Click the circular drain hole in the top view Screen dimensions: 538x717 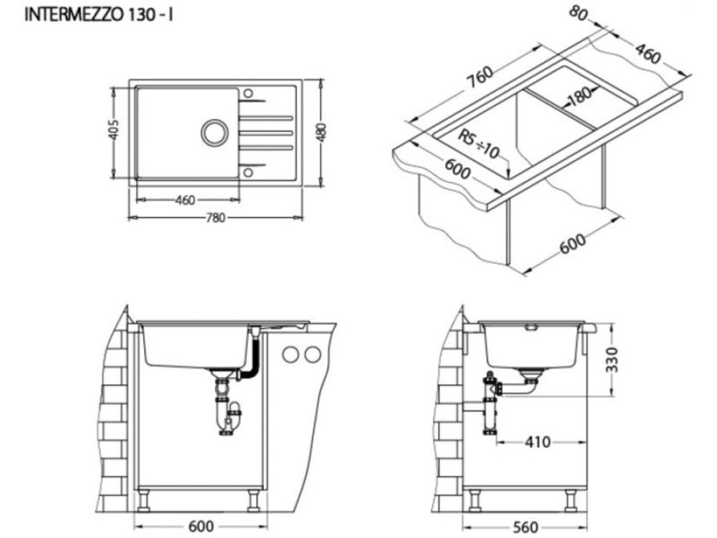tap(213, 133)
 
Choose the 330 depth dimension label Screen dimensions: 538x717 tap(612, 359)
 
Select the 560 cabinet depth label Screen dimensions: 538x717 tap(523, 527)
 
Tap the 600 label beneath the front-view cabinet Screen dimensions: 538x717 tap(201, 527)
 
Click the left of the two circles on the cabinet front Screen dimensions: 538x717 tap(291, 354)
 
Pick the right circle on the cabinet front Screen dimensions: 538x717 tap(312, 354)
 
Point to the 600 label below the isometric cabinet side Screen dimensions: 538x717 tap(573, 244)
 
